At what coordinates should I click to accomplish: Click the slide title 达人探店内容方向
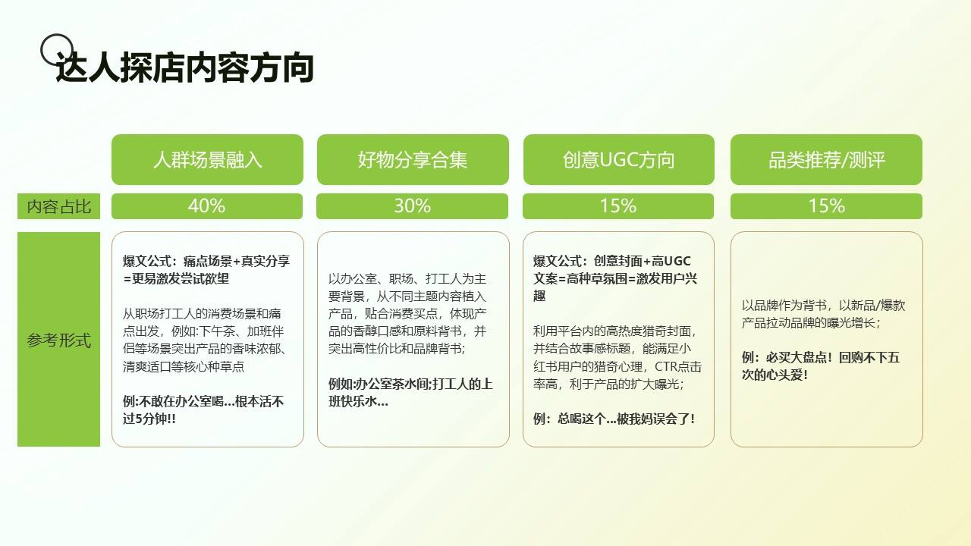[x=184, y=67]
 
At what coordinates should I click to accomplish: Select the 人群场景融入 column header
[x=207, y=159]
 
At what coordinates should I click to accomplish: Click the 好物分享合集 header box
[x=413, y=159]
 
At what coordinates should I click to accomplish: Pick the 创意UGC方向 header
[x=618, y=159]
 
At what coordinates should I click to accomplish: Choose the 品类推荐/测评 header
[x=826, y=159]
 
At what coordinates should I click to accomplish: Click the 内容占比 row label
[x=58, y=206]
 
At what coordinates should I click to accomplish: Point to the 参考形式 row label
[x=58, y=339]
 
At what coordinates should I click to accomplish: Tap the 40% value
[x=207, y=206]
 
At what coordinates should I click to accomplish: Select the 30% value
[x=412, y=206]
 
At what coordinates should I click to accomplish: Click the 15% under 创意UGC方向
[x=618, y=206]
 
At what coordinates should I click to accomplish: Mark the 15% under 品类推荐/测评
[x=826, y=206]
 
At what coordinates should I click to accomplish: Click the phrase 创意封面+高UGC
[x=642, y=261]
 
